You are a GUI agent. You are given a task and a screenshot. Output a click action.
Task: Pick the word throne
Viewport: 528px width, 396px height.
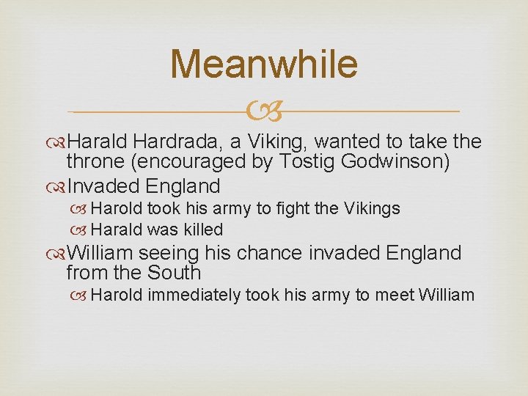point(94,161)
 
